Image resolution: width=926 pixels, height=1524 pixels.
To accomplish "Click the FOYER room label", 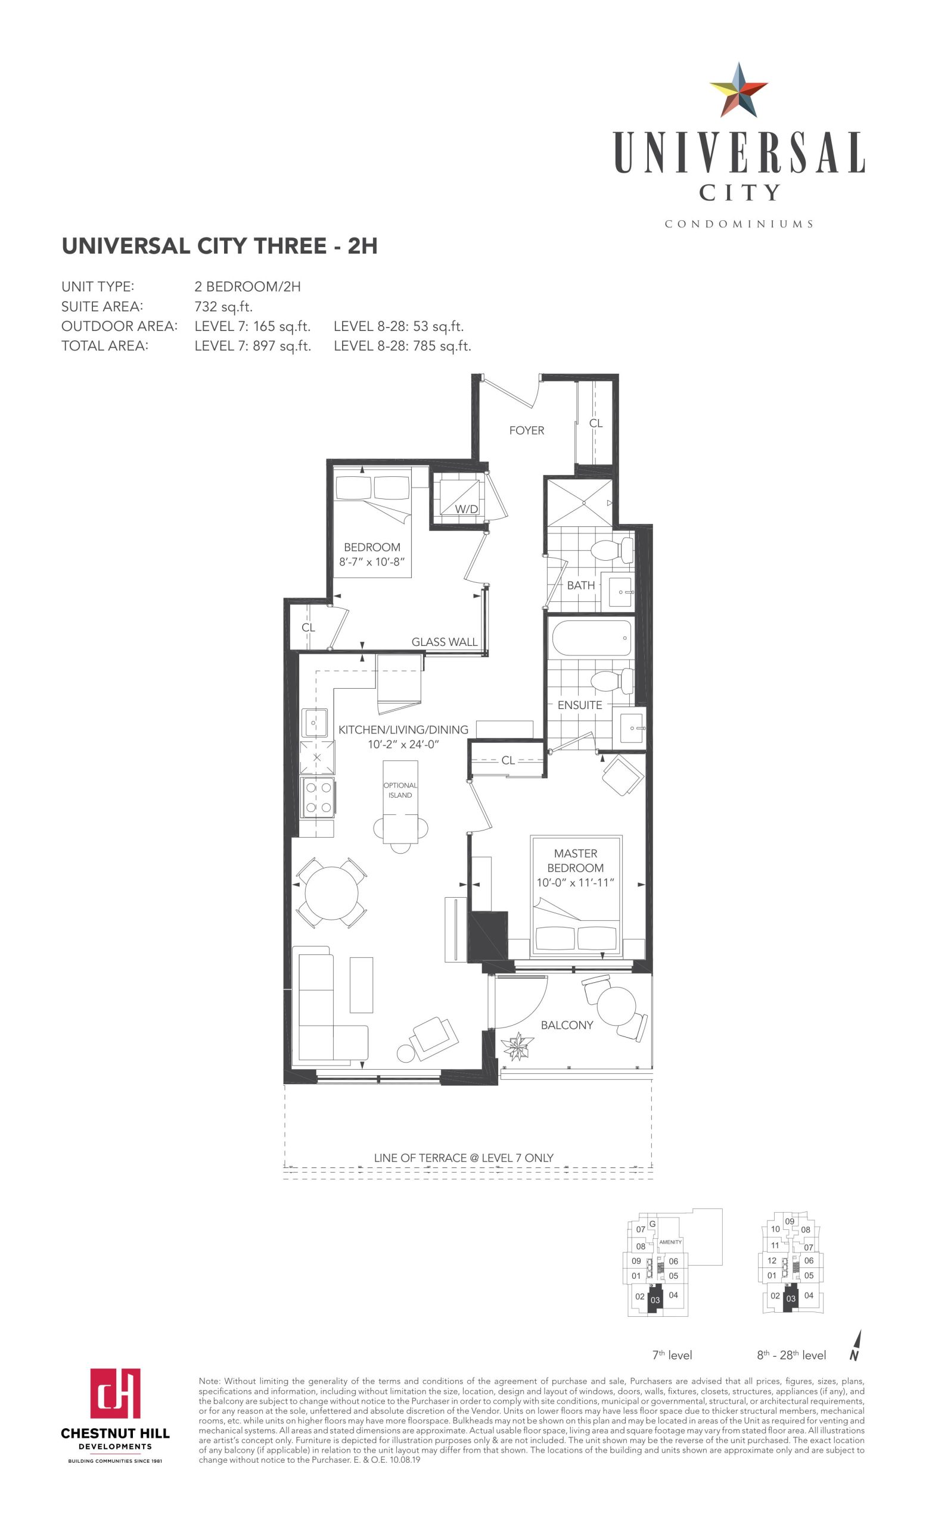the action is pyautogui.click(x=527, y=430).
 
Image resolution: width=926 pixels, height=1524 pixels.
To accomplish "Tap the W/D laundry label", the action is pyautogui.click(x=466, y=509).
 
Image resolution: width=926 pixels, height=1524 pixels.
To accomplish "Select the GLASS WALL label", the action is pyautogui.click(x=445, y=642).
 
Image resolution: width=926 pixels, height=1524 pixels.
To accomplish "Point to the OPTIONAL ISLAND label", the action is pyautogui.click(x=400, y=790).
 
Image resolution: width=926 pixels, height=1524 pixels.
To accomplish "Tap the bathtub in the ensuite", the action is pyautogui.click(x=591, y=638).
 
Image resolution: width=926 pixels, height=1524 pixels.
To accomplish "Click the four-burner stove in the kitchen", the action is pyautogui.click(x=318, y=797).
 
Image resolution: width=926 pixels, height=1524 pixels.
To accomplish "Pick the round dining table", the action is pyautogui.click(x=332, y=892).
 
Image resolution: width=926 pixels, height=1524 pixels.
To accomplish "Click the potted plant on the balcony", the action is pyautogui.click(x=517, y=1046).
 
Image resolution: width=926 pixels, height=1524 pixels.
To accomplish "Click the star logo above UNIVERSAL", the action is pyautogui.click(x=738, y=90).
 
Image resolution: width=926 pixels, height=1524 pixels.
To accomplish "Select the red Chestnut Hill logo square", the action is pyautogui.click(x=115, y=1393).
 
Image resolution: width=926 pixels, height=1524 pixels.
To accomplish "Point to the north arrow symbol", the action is pyautogui.click(x=856, y=1345).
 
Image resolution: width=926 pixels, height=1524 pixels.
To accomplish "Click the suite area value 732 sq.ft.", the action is pyautogui.click(x=223, y=306).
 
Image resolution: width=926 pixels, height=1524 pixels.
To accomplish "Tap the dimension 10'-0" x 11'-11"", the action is pyautogui.click(x=575, y=883).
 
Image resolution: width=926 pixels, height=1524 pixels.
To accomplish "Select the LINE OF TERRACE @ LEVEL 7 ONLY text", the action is pyautogui.click(x=464, y=1157).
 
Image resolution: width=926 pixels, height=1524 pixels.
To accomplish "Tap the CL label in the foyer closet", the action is pyautogui.click(x=595, y=423).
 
